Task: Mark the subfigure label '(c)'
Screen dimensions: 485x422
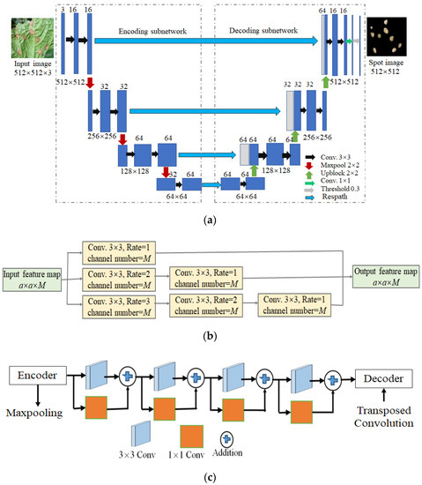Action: click(x=211, y=475)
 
